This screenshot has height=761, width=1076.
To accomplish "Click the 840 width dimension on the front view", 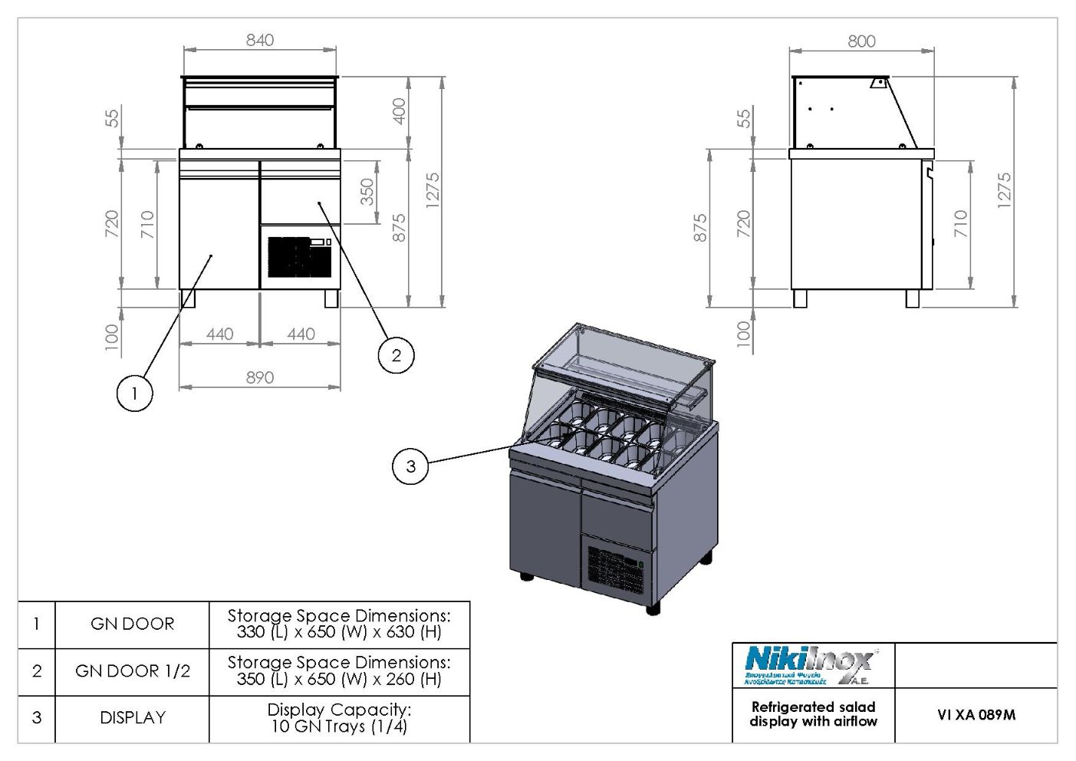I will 260,40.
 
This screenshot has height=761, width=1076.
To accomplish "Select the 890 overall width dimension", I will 260,377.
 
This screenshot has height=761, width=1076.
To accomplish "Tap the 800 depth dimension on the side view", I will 861,41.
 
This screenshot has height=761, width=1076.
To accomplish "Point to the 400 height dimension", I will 399,112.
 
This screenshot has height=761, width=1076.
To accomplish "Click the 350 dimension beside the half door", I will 367,192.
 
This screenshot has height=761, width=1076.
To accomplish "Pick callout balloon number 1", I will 134,394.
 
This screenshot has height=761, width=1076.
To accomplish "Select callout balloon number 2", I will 396,354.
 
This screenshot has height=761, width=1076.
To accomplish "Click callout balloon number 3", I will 410,466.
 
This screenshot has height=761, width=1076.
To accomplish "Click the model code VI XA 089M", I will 976,715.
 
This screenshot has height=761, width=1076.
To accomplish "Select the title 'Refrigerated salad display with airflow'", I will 813,714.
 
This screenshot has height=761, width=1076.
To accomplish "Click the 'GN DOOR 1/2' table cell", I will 132,671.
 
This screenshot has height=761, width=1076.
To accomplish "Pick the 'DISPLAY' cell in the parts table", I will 132,718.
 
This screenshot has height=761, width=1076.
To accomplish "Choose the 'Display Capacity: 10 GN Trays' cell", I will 339,718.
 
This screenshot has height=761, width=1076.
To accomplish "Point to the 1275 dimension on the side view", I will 1004,189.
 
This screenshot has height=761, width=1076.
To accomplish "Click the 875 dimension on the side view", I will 700,229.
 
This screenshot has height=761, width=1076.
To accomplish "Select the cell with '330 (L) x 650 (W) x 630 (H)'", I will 339,624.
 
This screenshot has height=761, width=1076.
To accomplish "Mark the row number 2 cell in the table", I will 37,671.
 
